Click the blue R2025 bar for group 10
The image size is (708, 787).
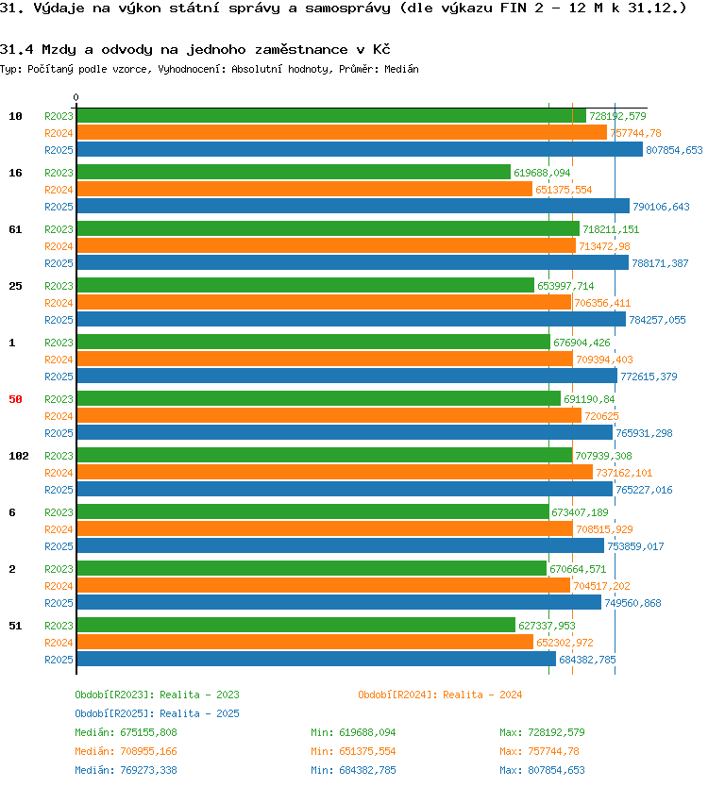coord(360,150)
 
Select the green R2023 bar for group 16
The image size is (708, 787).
coord(294,172)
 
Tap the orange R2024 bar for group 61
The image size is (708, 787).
coord(327,246)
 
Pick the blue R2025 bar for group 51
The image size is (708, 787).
coord(316,659)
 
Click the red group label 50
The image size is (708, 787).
coord(15,399)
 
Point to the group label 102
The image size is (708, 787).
coord(19,456)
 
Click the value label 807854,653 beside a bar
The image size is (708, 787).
coord(674,150)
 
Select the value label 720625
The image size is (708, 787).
coord(601,416)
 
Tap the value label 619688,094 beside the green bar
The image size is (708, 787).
coord(542,173)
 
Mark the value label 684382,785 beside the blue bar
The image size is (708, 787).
coord(587,660)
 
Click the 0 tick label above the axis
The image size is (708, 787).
coord(76,97)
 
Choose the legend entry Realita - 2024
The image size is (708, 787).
coord(440,695)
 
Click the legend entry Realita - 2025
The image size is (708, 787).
coord(157,713)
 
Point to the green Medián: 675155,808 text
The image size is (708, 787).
coord(126,732)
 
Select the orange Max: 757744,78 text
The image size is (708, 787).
coord(539,751)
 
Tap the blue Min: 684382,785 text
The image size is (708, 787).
coord(353,770)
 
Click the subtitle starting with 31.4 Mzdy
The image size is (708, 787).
coord(195,49)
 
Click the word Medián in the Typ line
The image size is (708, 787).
coord(402,69)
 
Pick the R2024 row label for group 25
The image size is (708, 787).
coord(59,303)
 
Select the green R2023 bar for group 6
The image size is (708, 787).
coord(312,512)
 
